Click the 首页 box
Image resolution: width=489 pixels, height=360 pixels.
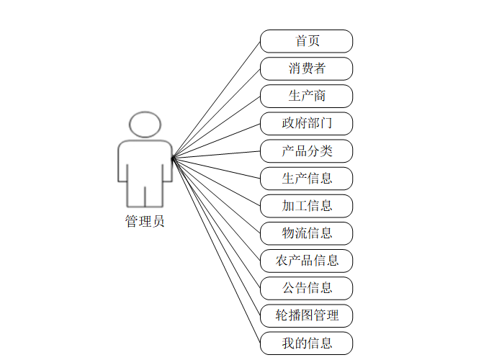tap(306, 41)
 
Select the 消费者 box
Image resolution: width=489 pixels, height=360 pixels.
tap(306, 68)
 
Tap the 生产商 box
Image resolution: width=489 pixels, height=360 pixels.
tap(306, 96)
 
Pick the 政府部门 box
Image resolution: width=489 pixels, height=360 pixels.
tap(306, 123)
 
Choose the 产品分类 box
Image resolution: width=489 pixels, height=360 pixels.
tap(306, 150)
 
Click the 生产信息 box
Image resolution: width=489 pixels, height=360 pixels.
tap(306, 178)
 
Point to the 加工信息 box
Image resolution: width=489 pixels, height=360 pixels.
tap(306, 205)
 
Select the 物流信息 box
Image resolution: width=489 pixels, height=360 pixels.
tap(306, 233)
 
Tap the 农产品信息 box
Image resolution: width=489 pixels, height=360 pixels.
tap(306, 260)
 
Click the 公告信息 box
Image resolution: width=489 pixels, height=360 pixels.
tap(306, 287)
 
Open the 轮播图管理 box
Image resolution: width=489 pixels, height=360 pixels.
tap(306, 315)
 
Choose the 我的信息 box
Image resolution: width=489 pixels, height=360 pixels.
tap(306, 342)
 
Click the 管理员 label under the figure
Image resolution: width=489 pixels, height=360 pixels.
tap(145, 222)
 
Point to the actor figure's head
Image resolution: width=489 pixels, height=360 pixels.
tap(145, 124)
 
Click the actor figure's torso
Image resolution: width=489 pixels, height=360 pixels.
tap(145, 162)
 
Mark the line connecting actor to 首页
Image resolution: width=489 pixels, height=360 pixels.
tap(216, 99)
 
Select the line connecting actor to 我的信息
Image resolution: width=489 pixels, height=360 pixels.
tap(216, 249)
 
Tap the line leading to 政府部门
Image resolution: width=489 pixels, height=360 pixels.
tap(216, 140)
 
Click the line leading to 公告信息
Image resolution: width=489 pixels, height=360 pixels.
tap(216, 222)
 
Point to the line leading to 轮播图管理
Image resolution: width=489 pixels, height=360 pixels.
tap(216, 235)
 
